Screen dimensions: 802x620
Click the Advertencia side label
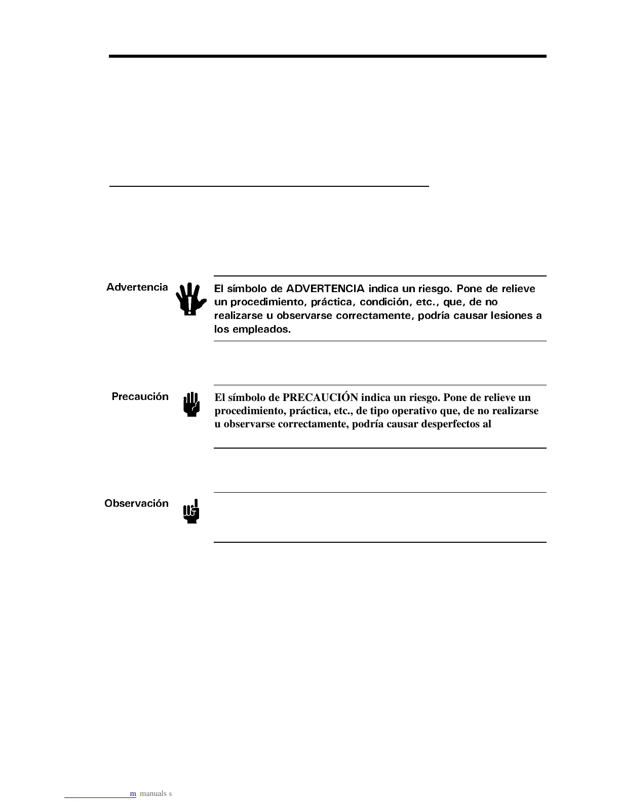pyautogui.click(x=137, y=287)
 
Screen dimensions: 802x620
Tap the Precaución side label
pyautogui.click(x=140, y=396)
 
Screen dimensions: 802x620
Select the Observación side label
pyautogui.click(x=136, y=503)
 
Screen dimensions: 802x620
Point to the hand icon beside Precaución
pyautogui.click(x=191, y=405)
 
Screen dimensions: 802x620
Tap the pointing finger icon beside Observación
pyautogui.click(x=191, y=511)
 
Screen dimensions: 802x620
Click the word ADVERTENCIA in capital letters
pyautogui.click(x=325, y=289)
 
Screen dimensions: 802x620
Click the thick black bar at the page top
pyautogui.click(x=327, y=56)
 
